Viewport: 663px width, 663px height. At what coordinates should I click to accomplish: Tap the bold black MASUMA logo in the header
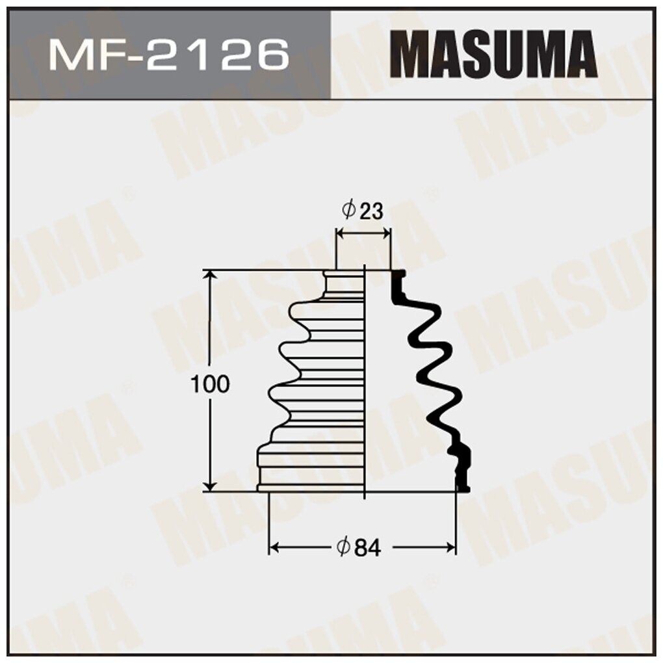pos(496,55)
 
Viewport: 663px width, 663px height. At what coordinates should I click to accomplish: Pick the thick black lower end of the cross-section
pos(463,468)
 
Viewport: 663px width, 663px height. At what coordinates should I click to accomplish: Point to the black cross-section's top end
pos(396,279)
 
